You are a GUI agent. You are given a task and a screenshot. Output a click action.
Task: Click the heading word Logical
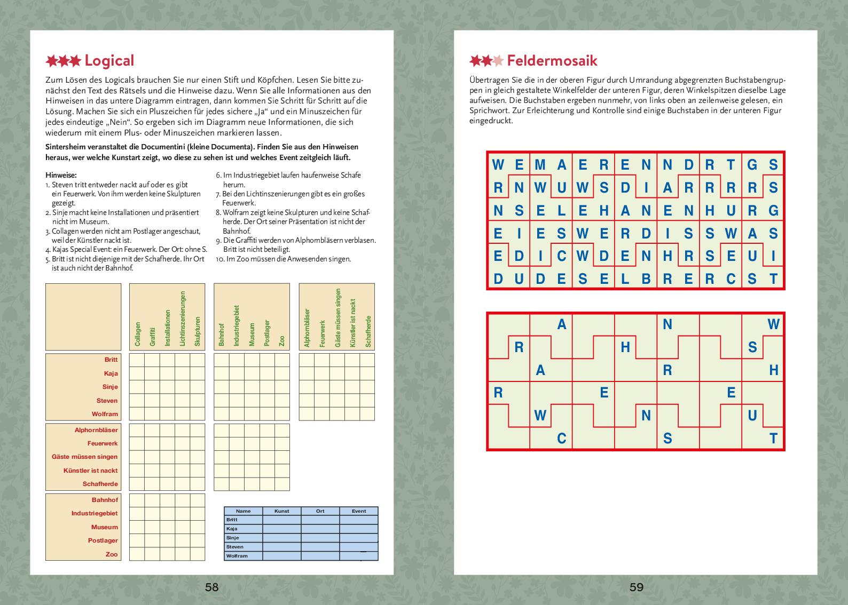(109, 61)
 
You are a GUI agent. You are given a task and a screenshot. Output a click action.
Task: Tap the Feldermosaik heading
(552, 60)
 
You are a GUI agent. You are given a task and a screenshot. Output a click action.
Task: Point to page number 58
(212, 587)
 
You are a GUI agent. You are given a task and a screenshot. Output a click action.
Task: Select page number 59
(636, 587)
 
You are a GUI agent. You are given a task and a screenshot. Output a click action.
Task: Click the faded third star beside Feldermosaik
(498, 61)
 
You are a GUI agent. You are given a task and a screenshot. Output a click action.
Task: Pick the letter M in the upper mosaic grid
(540, 165)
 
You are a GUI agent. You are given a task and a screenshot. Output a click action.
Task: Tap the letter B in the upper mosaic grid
(646, 278)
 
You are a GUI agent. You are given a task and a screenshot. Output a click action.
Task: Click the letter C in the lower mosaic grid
(561, 439)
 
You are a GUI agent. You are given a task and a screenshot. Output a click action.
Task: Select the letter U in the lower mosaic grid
(752, 416)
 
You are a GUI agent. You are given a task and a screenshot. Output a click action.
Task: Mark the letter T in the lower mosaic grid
(773, 439)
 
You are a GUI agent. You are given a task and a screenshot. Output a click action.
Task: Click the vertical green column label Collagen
(138, 334)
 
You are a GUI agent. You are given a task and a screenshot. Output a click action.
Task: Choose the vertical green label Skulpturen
(197, 332)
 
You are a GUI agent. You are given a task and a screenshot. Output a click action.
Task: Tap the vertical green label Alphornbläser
(307, 328)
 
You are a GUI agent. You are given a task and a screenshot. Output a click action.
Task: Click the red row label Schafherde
(100, 484)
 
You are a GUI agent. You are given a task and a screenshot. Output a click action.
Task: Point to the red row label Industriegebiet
(95, 513)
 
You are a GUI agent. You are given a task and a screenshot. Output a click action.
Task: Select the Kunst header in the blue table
(281, 511)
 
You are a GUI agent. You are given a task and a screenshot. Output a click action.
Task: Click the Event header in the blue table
(359, 511)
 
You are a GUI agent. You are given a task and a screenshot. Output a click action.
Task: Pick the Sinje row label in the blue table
(232, 538)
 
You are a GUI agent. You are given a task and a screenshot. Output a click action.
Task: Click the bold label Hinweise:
(61, 175)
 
